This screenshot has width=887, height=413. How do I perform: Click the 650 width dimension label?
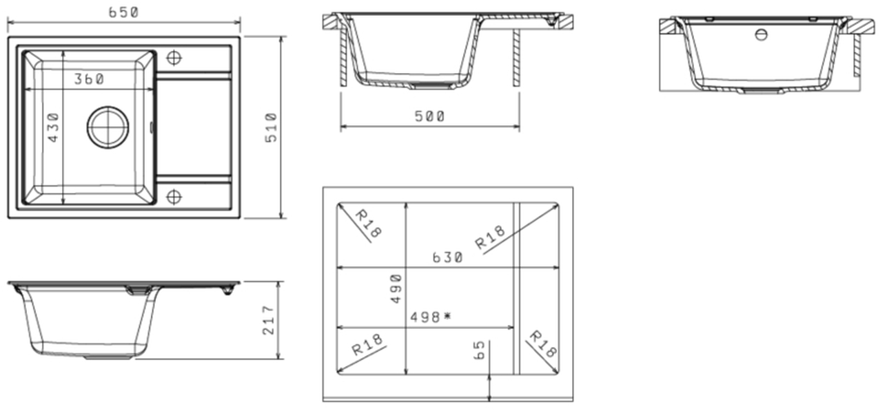pos(123,12)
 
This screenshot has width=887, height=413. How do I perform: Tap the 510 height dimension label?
pos(272,127)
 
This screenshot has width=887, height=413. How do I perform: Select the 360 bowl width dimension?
pos(89,79)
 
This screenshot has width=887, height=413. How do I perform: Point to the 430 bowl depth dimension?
pos(52,127)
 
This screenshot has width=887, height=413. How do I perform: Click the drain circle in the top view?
pos(108,127)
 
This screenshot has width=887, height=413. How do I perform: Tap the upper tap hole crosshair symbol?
pos(174,58)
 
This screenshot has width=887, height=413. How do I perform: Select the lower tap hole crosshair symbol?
pos(174,197)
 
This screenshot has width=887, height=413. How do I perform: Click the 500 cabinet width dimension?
pos(429,116)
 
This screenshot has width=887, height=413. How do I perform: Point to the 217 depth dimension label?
pos(269,321)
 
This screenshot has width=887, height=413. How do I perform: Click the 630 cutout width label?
pos(447,257)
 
